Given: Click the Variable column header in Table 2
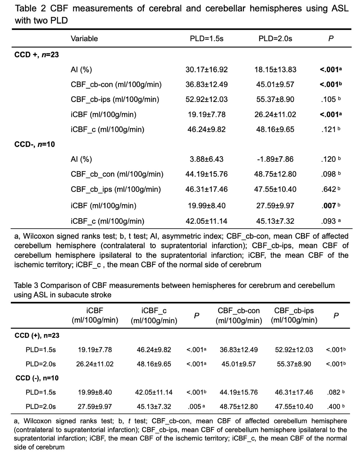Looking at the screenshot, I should tap(84, 38).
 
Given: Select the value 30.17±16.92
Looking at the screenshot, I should tap(206, 69).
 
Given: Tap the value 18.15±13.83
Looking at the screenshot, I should tap(275, 69).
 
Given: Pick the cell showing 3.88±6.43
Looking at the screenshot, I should tap(206, 159).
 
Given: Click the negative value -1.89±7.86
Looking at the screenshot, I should tap(275, 159).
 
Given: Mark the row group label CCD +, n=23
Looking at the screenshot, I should tap(37, 55).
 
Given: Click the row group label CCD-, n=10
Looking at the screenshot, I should tap(35, 144).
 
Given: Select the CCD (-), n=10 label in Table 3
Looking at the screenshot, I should tap(37, 378).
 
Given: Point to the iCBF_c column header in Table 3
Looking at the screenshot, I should tap(154, 316).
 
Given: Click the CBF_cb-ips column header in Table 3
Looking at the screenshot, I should tap(294, 315).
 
